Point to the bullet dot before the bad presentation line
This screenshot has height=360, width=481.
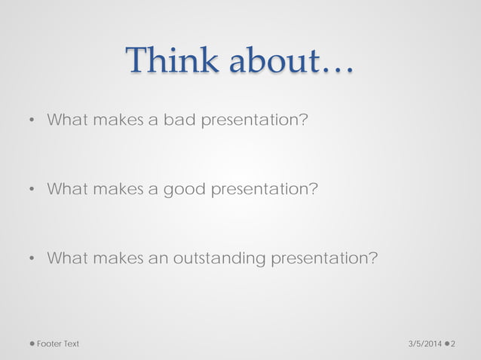[32, 121]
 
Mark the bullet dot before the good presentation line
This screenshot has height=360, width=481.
[32, 190]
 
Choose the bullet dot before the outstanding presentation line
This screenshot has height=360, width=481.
[32, 259]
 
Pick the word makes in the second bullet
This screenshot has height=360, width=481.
[116, 189]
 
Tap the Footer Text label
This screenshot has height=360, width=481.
[58, 343]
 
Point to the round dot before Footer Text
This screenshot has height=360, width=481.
[32, 343]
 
